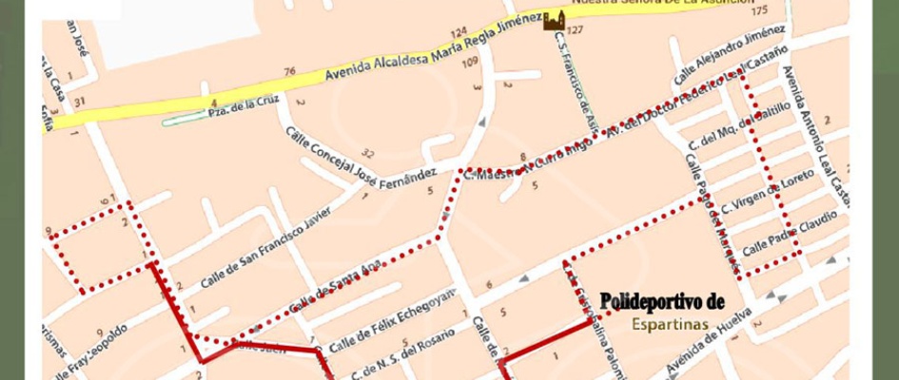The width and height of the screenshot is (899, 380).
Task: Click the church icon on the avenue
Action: tap(553, 20)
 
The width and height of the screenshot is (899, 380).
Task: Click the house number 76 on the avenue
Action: tap(289, 70)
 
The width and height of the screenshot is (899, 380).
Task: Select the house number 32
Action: tap(367, 153)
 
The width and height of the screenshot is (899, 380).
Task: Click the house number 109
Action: tap(469, 64)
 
